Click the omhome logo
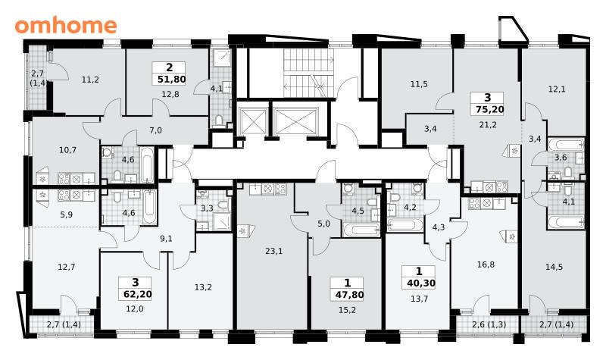click(x=66, y=26)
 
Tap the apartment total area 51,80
click(x=172, y=80)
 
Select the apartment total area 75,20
click(x=489, y=110)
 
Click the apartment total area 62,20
click(x=138, y=295)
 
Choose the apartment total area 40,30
click(x=421, y=283)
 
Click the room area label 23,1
click(x=274, y=252)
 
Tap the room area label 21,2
click(x=488, y=125)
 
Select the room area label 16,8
click(x=486, y=265)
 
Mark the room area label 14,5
click(x=554, y=268)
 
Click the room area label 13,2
click(x=203, y=288)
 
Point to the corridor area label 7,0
click(x=156, y=130)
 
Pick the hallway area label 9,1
click(x=166, y=239)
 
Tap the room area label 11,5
click(x=419, y=84)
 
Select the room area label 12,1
click(x=557, y=89)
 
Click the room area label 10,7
click(x=67, y=150)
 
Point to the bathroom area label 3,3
click(x=207, y=209)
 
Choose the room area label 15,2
click(x=347, y=310)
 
